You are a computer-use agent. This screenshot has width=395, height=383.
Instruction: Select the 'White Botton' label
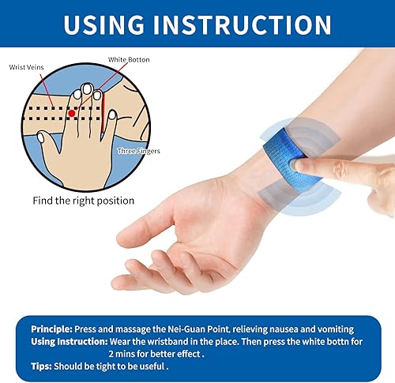click(129, 60)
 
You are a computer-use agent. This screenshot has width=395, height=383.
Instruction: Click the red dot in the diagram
click(73, 113)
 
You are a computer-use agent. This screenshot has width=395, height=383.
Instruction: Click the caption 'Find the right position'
click(83, 200)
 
